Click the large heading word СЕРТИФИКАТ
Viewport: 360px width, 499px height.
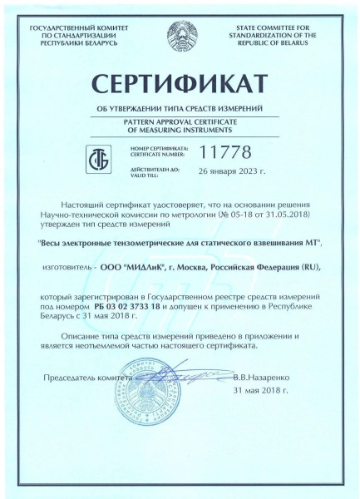[180, 86]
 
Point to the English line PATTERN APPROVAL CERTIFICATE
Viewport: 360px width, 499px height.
[180, 121]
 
